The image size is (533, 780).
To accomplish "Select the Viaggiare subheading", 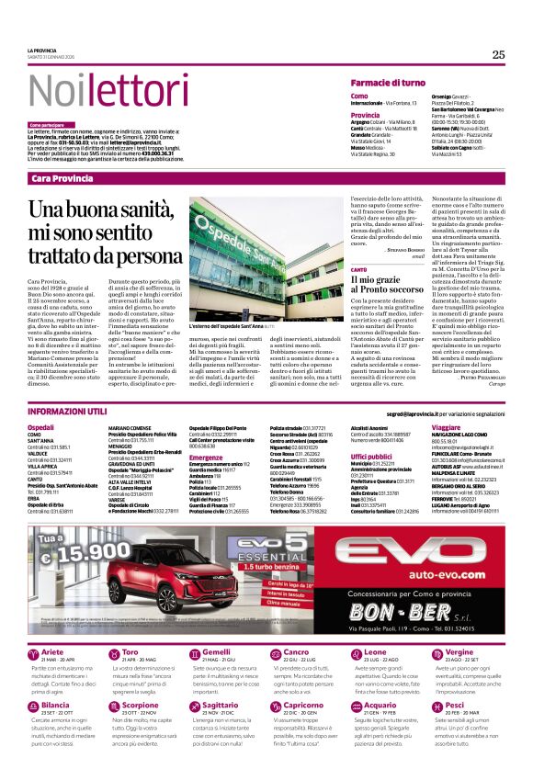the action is [x=446, y=428].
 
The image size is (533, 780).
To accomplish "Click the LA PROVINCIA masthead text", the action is [x=41, y=50].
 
